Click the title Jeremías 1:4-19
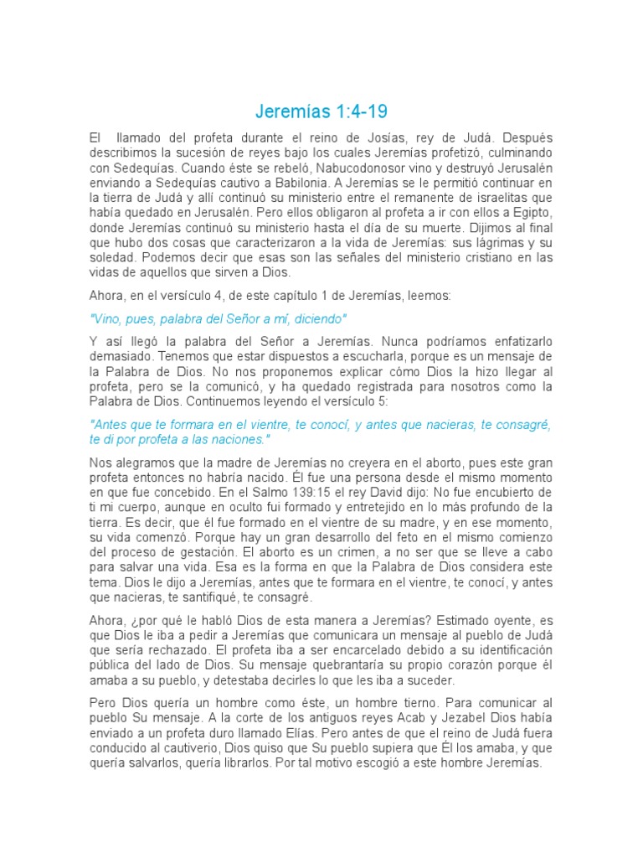tap(321, 111)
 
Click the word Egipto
tap(528, 213)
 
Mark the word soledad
tap(113, 258)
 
